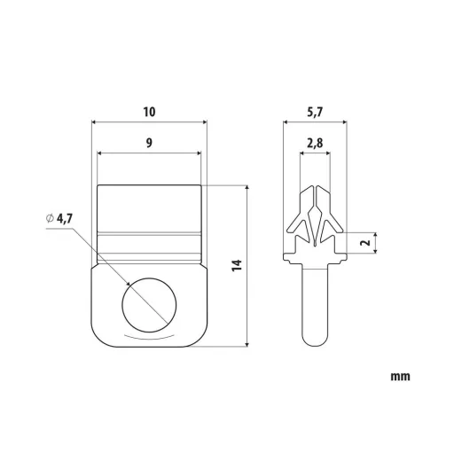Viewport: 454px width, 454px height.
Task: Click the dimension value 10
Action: tap(149, 112)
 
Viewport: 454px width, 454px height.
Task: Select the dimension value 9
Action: tap(149, 143)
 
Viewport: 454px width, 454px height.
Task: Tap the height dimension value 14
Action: tap(237, 265)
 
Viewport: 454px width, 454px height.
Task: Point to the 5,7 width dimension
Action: tap(315, 113)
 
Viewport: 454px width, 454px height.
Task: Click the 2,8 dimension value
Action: tap(315, 144)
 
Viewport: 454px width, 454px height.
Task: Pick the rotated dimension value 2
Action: tap(366, 243)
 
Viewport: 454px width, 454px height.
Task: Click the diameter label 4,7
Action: tap(64, 219)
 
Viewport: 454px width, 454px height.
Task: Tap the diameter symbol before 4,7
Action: tap(50, 218)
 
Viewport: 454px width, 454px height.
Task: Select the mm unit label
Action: tap(401, 377)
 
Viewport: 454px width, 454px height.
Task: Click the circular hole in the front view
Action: tap(149, 305)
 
